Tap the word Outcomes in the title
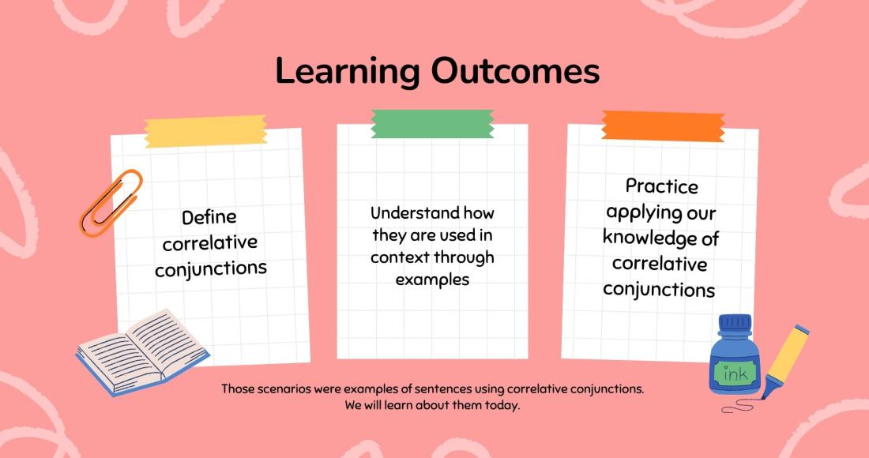click(515, 71)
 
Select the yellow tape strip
click(205, 131)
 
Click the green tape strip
click(432, 123)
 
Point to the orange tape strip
click(663, 126)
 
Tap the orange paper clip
click(111, 203)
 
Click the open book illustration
click(142, 352)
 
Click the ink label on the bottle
click(735, 373)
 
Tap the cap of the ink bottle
click(735, 324)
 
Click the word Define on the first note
click(209, 217)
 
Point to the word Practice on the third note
click(662, 186)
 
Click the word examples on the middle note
click(432, 280)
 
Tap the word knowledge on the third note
click(645, 238)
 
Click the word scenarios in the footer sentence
click(280, 389)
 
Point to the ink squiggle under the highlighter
click(738, 407)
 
